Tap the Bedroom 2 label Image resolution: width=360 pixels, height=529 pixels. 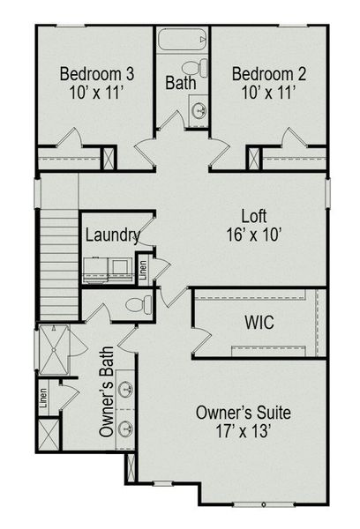coord(262,72)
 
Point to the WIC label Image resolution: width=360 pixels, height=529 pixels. coord(258,324)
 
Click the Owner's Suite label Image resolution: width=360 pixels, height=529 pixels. coord(243,412)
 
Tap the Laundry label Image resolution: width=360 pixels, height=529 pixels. coord(112,235)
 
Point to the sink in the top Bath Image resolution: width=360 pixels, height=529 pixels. coord(199,111)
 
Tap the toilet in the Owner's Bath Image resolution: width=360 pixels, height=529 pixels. coord(137,306)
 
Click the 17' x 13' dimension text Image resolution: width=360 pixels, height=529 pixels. coord(243,432)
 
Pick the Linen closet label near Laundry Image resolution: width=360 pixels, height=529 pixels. coord(143,267)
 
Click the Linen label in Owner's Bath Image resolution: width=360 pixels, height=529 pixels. coord(43,401)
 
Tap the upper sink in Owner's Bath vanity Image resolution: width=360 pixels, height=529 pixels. coord(127,389)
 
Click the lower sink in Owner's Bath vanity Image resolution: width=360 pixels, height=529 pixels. coord(127,429)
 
